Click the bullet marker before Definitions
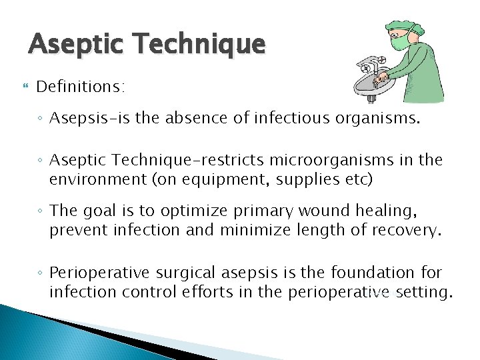[x=26, y=87]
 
